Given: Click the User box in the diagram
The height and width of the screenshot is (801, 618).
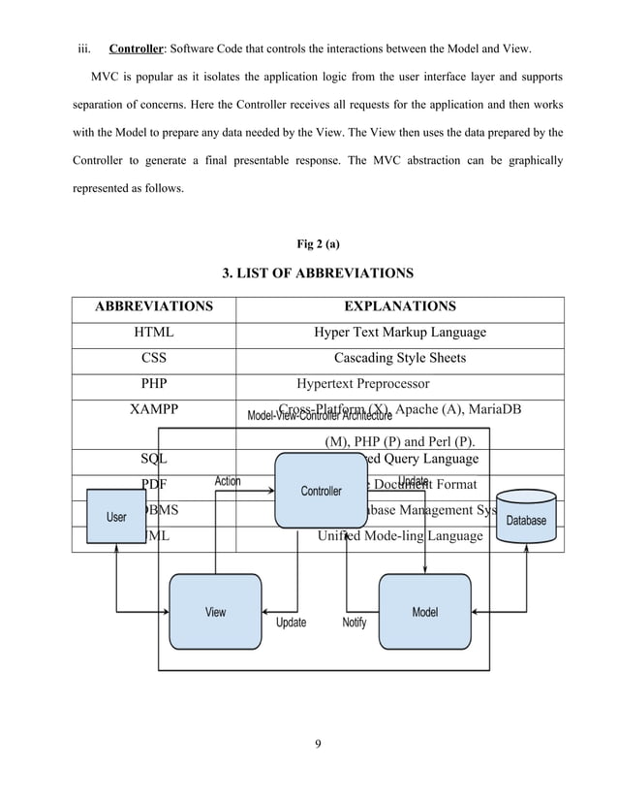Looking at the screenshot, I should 116,517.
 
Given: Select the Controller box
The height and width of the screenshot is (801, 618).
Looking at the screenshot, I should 321,491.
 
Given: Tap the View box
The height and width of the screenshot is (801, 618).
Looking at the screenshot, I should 215,611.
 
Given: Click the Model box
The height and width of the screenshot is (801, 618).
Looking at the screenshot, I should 424,611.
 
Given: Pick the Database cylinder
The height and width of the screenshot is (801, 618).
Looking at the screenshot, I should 527,515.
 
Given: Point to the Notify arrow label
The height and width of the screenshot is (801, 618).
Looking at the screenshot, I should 355,623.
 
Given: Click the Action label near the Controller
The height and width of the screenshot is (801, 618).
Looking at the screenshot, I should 228,480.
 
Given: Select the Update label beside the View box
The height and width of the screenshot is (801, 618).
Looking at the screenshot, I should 291,623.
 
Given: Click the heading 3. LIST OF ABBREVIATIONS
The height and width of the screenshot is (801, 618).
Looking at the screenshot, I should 318,273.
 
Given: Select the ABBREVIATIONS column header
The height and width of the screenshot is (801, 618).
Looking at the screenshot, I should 153,307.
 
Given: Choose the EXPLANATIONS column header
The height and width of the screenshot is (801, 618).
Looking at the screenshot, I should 400,307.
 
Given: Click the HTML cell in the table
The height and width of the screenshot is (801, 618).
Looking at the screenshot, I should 154,333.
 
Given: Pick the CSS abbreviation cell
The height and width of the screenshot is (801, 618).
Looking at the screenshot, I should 154,358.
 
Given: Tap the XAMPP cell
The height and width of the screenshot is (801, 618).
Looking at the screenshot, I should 154,408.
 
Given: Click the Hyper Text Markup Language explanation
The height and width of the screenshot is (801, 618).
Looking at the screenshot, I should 400,333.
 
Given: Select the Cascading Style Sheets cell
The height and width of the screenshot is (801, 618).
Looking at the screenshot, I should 400,358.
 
